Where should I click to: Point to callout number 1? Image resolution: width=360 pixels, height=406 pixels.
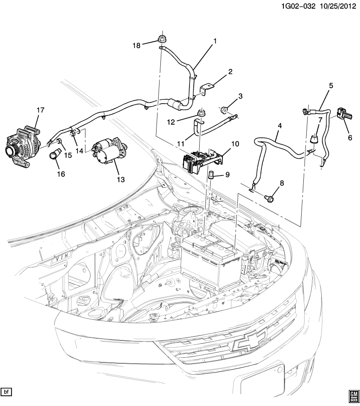pos(214,41)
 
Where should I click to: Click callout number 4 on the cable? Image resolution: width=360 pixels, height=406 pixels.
pos(278,126)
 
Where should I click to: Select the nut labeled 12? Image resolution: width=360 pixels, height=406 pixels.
pos(200,113)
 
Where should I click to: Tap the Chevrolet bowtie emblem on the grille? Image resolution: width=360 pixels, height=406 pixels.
pos(250,340)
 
